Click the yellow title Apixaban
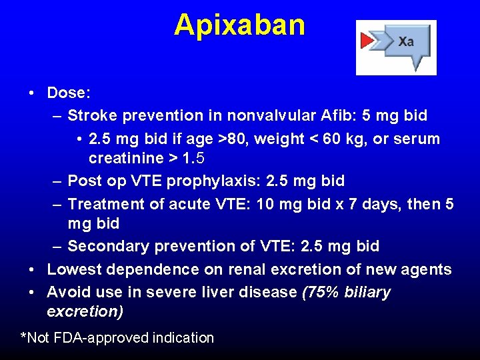(239, 25)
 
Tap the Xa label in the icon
(406, 41)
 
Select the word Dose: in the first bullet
(68, 93)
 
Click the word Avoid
(67, 292)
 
